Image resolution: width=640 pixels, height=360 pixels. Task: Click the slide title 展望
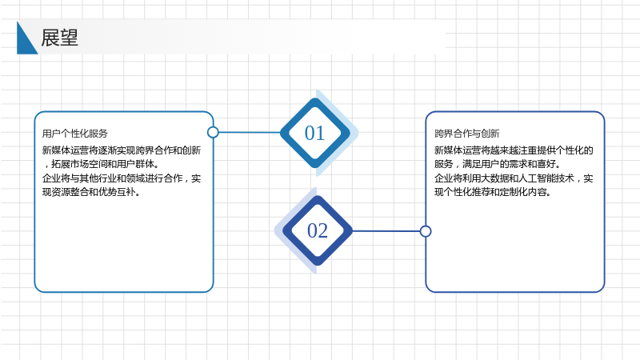[x=59, y=38]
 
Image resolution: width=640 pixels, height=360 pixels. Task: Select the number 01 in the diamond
[x=314, y=133]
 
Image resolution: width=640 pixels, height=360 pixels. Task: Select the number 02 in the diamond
[x=318, y=230]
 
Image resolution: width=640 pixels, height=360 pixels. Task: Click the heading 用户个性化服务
[x=75, y=134]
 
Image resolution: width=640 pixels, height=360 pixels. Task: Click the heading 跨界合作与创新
[x=467, y=134]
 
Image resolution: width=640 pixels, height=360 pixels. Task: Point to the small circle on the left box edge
[x=213, y=132]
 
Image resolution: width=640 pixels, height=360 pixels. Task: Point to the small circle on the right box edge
[x=426, y=231]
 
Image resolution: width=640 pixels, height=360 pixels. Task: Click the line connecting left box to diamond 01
[x=250, y=132]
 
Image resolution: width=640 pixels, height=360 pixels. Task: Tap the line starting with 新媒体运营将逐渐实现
[x=122, y=150]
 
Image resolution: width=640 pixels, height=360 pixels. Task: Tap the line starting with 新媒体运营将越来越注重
[x=514, y=150]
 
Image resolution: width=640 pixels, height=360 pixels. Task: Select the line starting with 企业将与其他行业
[x=122, y=178]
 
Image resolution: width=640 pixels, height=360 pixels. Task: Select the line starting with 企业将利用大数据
[x=514, y=178]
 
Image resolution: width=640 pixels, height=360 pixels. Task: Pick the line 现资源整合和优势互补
[x=91, y=192]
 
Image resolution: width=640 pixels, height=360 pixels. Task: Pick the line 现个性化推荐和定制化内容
[x=493, y=192]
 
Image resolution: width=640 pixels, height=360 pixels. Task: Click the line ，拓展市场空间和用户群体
[x=101, y=164]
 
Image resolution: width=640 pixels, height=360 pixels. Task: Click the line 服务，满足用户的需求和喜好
[x=498, y=164]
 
